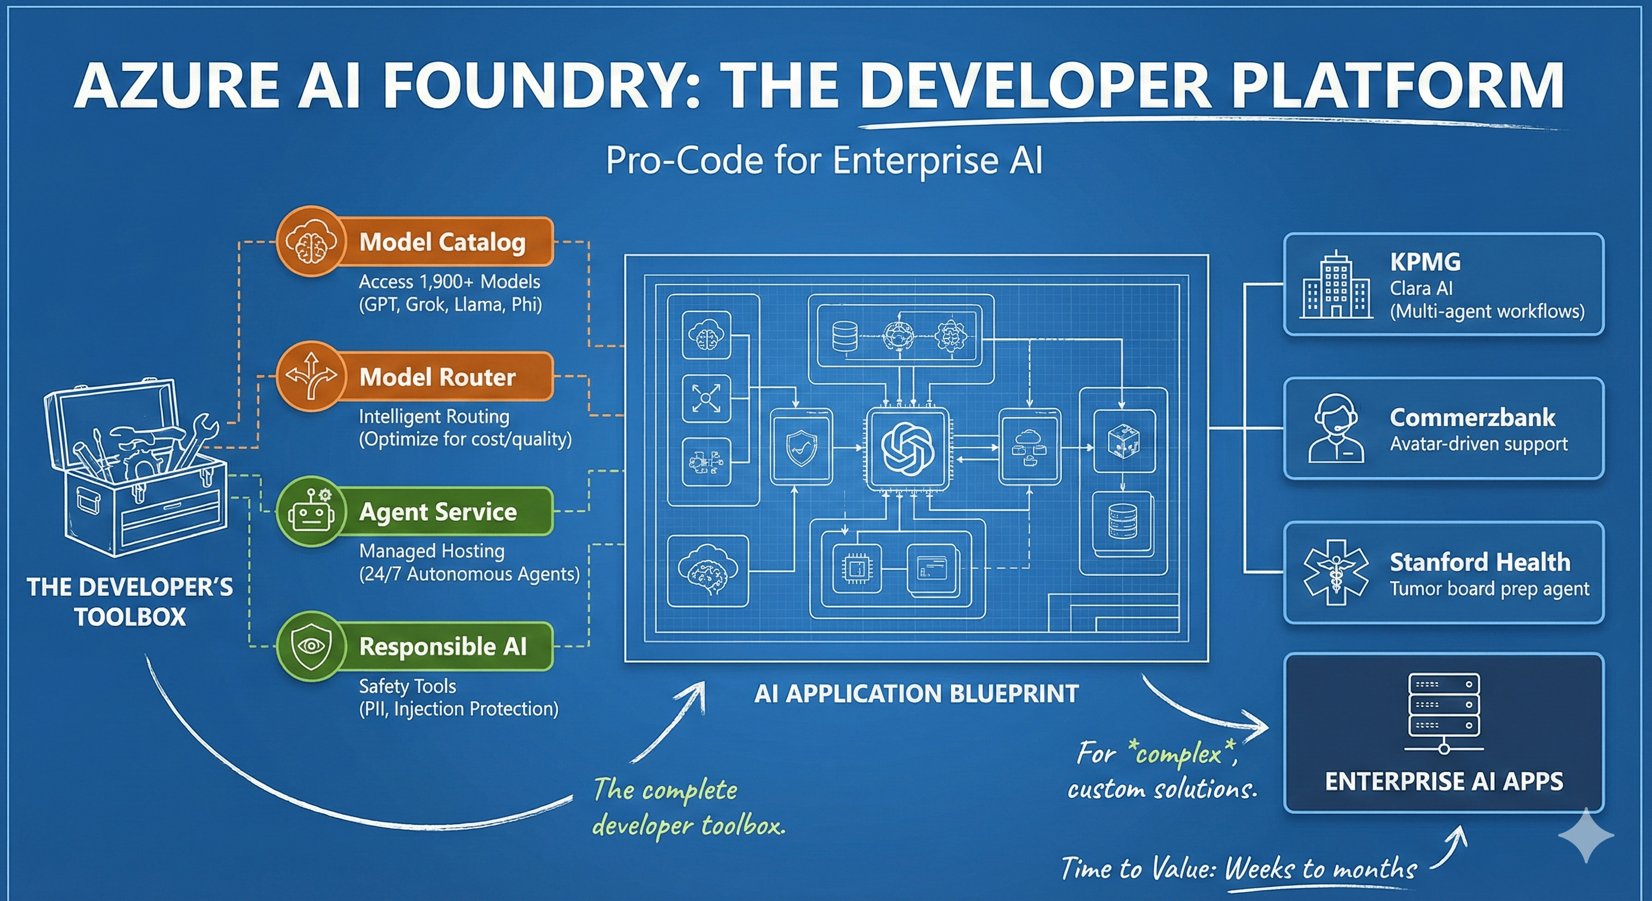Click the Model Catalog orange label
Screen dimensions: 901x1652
(x=442, y=242)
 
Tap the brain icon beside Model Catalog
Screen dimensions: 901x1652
(x=311, y=242)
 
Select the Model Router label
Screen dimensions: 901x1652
(x=438, y=377)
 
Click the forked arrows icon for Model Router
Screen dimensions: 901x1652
(x=311, y=377)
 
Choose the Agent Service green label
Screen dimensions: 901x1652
(x=438, y=511)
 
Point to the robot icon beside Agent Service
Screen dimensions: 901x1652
(x=311, y=512)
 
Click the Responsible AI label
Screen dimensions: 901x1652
(x=442, y=646)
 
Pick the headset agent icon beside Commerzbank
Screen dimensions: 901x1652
(x=1336, y=428)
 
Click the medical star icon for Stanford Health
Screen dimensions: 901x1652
(x=1336, y=572)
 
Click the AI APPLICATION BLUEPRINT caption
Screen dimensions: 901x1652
(x=916, y=694)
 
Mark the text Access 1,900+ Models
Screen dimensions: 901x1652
(x=449, y=282)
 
